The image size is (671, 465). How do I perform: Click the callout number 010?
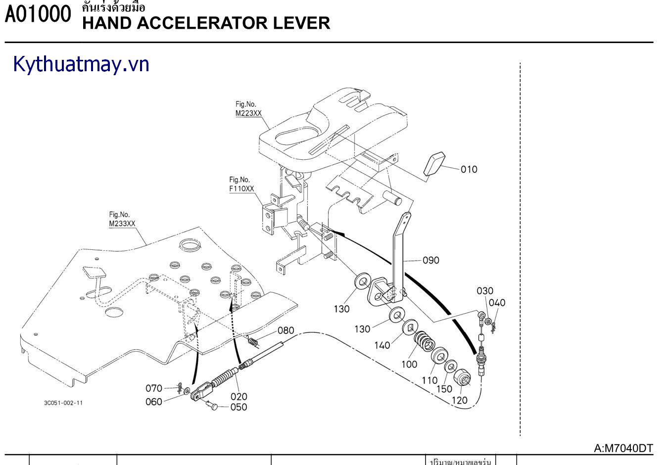[469, 170]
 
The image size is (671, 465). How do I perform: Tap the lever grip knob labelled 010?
[434, 163]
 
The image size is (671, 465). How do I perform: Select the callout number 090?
[431, 260]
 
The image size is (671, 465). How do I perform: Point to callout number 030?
[485, 291]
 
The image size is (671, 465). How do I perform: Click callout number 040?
[497, 303]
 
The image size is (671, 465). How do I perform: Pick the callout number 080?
[286, 330]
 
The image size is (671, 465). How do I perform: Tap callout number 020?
[239, 396]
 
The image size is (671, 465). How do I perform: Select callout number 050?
[239, 407]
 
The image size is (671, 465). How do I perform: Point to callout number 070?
[154, 388]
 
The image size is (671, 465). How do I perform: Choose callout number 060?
[154, 402]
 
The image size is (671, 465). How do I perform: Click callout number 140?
[382, 345]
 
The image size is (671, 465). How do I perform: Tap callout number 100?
[409, 364]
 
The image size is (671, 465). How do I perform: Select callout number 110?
[430, 380]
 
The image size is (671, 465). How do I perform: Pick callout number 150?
[444, 389]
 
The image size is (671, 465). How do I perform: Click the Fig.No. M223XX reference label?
[248, 109]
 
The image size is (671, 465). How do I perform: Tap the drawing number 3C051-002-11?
[63, 403]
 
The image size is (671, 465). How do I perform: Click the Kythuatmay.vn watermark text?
[81, 65]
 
